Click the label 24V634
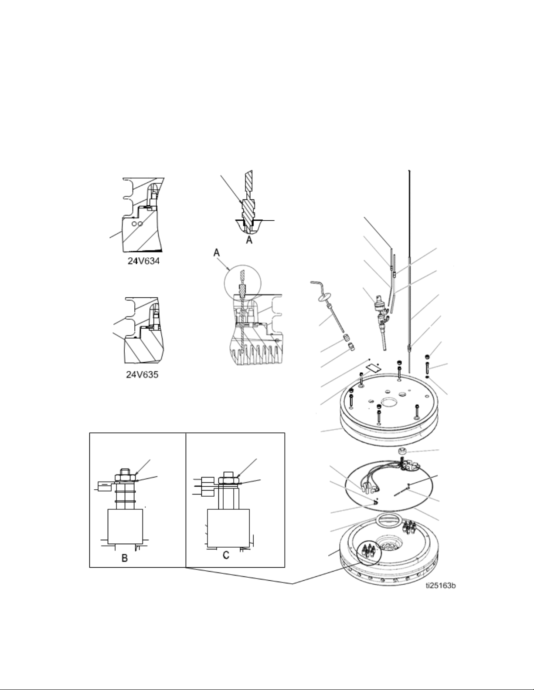[x=143, y=261]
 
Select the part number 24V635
[x=142, y=375]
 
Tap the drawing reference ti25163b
[x=441, y=585]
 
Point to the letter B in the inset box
[x=125, y=558]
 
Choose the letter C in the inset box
[x=226, y=555]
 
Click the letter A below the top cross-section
[x=249, y=240]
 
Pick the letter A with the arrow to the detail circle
[x=217, y=253]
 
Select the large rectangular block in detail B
[x=125, y=527]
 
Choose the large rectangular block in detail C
[x=228, y=528]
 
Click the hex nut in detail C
[x=228, y=481]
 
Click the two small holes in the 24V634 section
[x=137, y=224]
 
